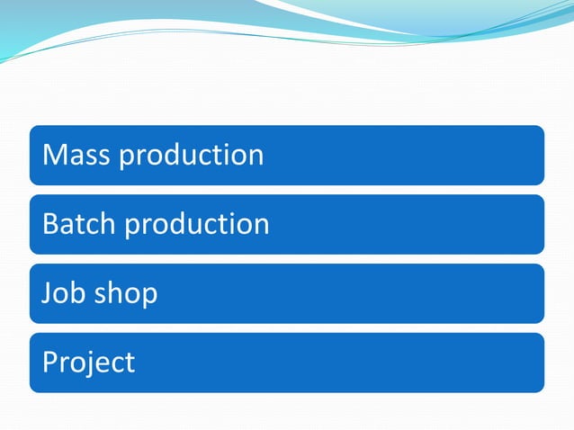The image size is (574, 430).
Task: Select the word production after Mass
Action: pyautogui.click(x=192, y=155)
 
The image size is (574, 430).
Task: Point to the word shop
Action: pyautogui.click(x=126, y=293)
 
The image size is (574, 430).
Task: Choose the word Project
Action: pyautogui.click(x=88, y=362)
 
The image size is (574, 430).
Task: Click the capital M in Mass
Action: pyautogui.click(x=55, y=155)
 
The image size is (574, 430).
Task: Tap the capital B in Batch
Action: pyautogui.click(x=51, y=223)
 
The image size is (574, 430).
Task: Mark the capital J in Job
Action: pyautogui.click(x=48, y=292)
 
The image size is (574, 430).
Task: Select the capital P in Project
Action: pyautogui.click(x=51, y=362)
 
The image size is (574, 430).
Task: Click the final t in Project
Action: pyautogui.click(x=130, y=362)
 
